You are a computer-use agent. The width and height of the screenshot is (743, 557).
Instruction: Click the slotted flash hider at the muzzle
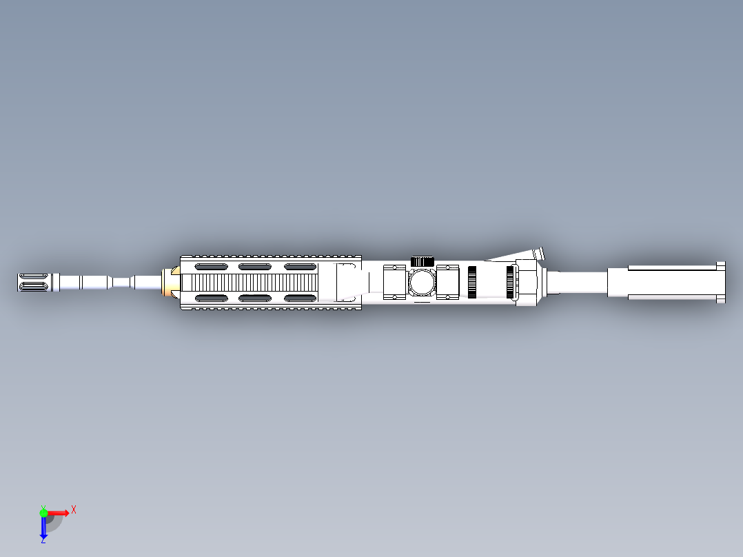coord(33,283)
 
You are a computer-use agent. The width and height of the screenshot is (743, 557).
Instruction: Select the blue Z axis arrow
coord(43,527)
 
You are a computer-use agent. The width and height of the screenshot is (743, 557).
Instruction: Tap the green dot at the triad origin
coord(43,512)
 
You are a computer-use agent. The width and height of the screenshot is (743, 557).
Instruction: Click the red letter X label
coord(74,510)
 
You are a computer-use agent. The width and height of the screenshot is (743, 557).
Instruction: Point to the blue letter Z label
coord(43,540)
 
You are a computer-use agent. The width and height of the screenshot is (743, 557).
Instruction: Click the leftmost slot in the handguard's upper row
coord(211,267)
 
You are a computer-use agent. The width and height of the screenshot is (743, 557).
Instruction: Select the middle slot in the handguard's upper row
coord(255,267)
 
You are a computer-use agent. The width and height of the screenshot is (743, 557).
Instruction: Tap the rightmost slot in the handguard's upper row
coord(301,267)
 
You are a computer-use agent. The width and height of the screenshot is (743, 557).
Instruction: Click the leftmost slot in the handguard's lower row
coord(211,298)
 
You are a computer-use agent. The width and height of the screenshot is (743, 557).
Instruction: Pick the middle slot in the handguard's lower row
coord(255,298)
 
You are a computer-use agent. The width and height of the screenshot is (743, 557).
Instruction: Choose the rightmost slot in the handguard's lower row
coord(301,298)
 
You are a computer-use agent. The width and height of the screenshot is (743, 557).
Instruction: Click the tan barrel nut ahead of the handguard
coord(167,283)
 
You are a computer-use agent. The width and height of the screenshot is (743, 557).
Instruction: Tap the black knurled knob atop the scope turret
coord(421,261)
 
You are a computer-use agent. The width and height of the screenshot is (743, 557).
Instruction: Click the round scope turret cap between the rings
coord(421,283)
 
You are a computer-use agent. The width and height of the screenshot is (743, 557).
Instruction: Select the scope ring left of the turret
coord(395,283)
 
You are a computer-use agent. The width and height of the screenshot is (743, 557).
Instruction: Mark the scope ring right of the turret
coord(447,283)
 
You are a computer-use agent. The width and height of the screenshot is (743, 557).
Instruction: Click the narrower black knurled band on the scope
coord(472,283)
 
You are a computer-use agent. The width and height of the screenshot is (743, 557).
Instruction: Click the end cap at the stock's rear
coord(721,283)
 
